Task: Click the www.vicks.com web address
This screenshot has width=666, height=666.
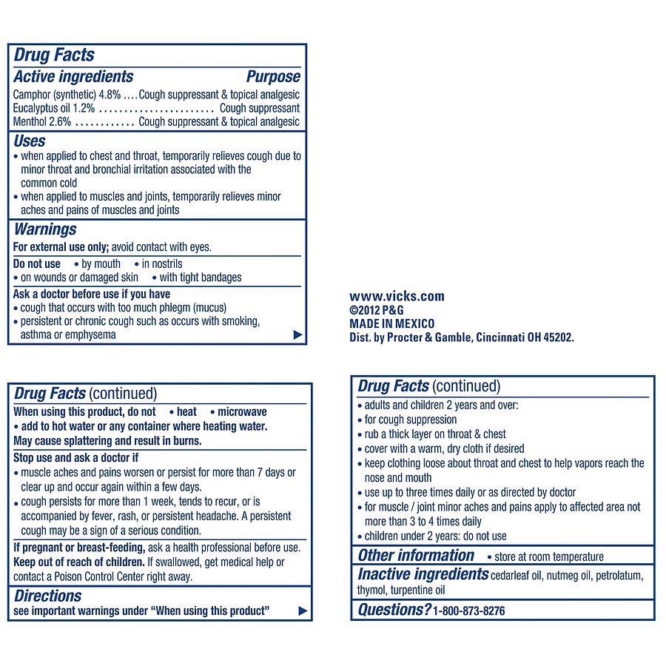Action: (x=397, y=296)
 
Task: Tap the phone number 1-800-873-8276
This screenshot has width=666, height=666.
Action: (x=469, y=610)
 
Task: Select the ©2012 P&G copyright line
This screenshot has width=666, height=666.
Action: (x=377, y=310)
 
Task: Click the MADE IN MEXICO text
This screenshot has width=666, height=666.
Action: (x=391, y=323)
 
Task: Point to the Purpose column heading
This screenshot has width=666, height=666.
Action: (x=273, y=77)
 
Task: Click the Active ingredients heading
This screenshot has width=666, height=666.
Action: (x=73, y=77)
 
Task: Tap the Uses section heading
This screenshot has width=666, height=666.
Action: (x=30, y=141)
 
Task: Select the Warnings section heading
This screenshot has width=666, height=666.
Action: (x=45, y=229)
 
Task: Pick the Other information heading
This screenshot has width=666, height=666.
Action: (x=416, y=556)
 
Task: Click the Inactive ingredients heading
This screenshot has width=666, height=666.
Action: (x=423, y=574)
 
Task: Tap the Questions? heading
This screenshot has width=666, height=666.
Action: (x=394, y=610)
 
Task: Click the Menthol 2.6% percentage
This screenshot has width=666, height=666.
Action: (x=59, y=121)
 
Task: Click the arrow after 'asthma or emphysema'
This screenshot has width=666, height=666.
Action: (x=297, y=334)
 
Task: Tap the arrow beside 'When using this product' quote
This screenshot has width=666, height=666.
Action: (x=301, y=610)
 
